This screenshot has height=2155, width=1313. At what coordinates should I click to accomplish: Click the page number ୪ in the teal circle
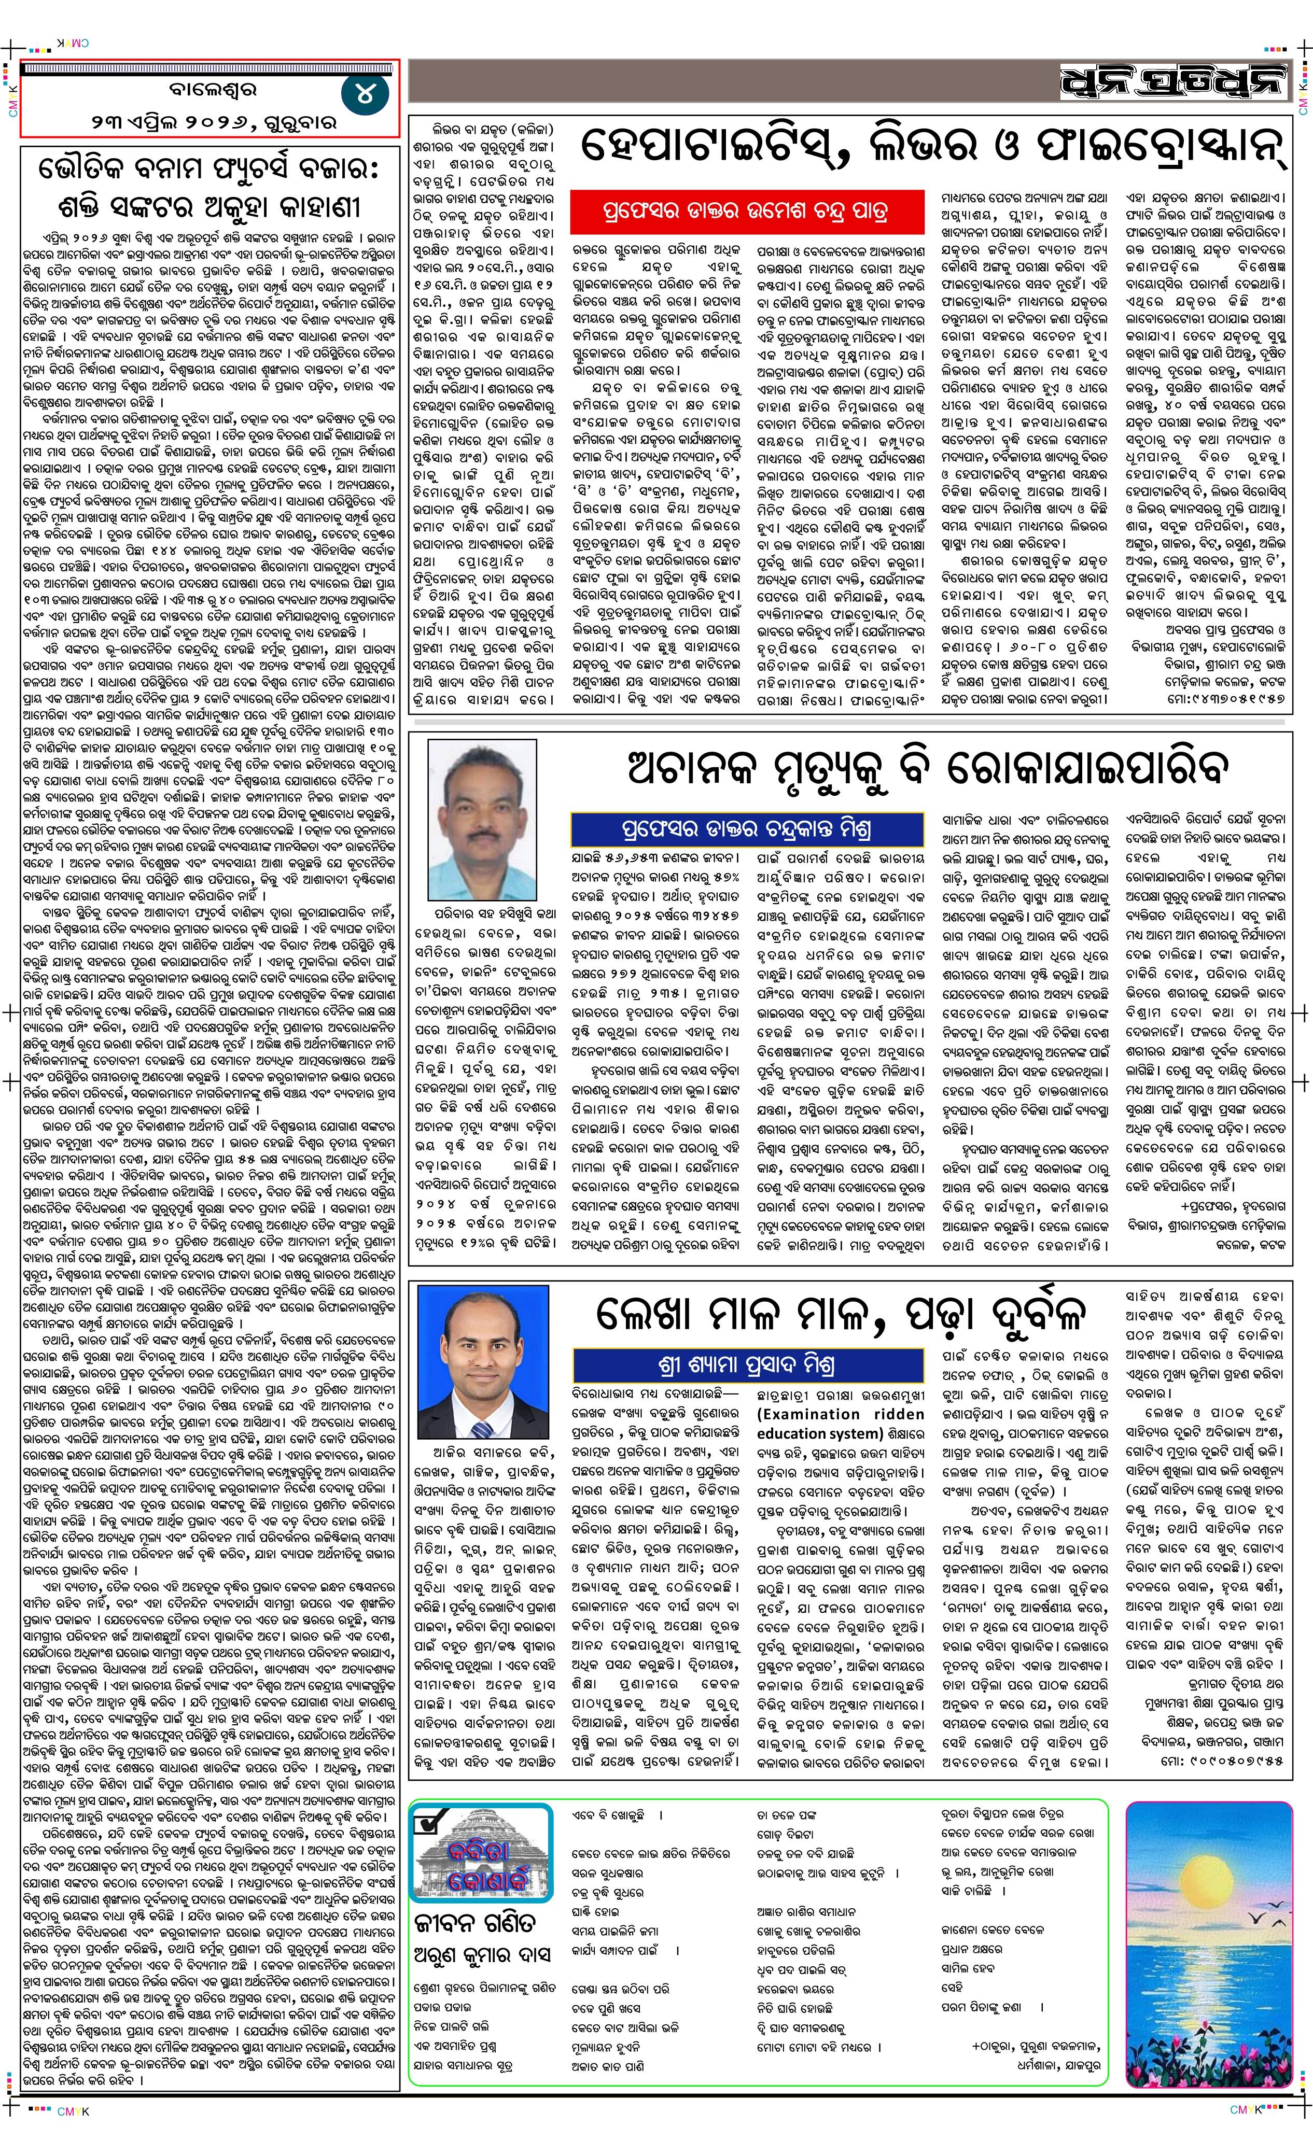click(x=361, y=94)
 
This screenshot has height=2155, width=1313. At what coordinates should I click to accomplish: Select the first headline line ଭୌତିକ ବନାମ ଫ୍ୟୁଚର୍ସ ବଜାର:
click(x=208, y=172)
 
